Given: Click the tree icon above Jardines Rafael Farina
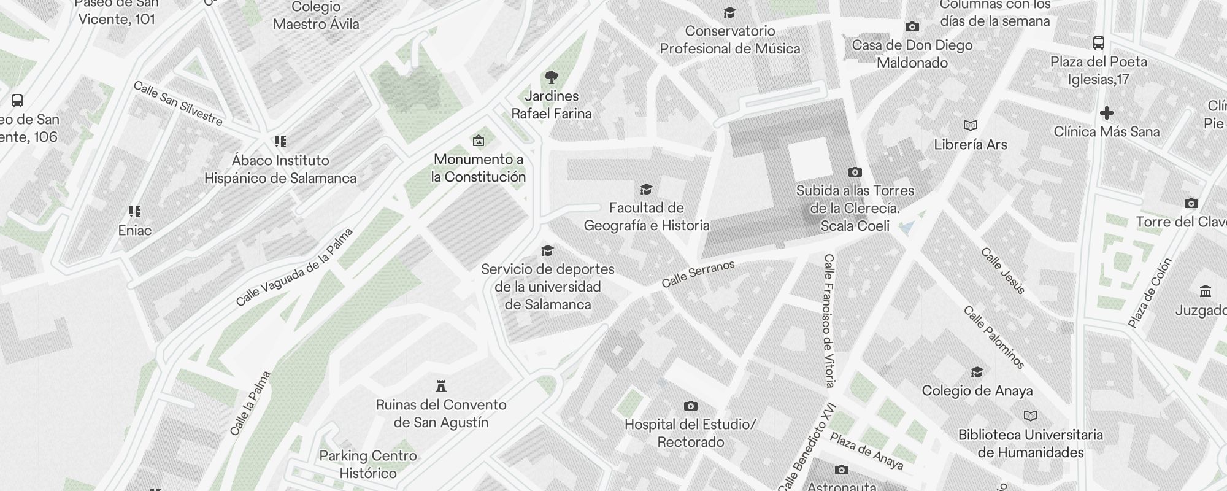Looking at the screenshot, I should (551, 77).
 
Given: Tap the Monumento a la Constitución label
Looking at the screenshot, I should (479, 168).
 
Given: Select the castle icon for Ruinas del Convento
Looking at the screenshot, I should (440, 386).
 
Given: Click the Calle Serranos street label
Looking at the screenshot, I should (698, 274).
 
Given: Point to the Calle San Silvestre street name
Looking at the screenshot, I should (178, 104).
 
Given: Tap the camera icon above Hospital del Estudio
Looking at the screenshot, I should (690, 406).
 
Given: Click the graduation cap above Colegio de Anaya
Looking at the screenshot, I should (977, 372).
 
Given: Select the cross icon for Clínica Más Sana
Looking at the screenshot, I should (1107, 113).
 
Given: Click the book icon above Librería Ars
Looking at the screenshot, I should (970, 126).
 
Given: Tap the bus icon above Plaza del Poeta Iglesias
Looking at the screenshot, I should (1098, 43).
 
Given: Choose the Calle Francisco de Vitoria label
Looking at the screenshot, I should (829, 320).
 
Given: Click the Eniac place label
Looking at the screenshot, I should (135, 230).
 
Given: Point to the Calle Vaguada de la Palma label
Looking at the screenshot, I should (295, 267).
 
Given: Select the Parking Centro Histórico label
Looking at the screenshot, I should (368, 464).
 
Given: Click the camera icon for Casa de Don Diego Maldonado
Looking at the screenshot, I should (912, 27).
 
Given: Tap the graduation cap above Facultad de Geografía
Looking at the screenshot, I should (646, 189).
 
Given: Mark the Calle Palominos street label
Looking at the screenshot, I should (994, 338).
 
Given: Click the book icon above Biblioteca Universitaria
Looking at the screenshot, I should (1031, 416).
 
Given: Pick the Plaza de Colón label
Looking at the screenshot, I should (1150, 292).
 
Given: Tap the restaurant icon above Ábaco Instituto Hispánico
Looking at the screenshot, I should (280, 142).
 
